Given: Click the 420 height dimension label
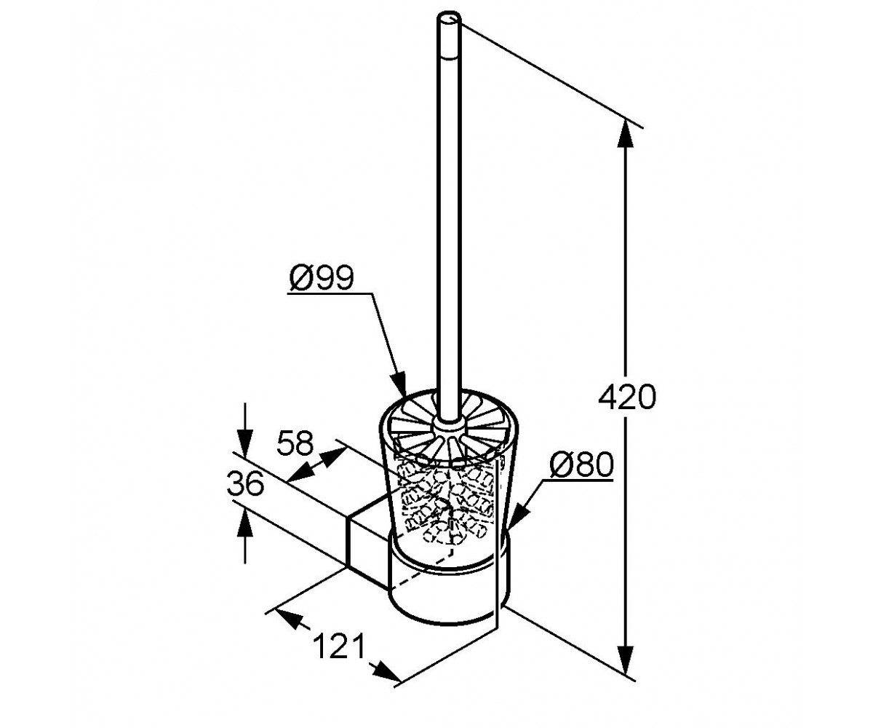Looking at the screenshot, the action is coord(626,397).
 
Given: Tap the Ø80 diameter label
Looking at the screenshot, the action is coord(581,464).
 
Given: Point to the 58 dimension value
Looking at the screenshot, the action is coord(295,443).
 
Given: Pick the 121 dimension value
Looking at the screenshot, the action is coord(339,657).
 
